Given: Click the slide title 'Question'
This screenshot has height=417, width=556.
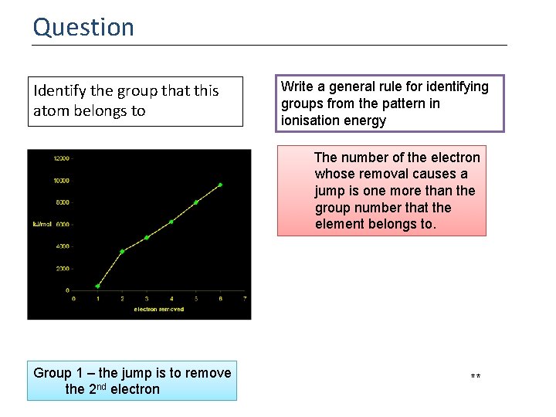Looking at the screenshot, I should (x=83, y=27).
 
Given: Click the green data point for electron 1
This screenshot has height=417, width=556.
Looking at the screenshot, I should (x=97, y=286).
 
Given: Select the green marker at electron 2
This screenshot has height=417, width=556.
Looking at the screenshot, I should (x=122, y=251).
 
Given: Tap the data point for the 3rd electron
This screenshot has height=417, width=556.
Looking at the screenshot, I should (x=147, y=237).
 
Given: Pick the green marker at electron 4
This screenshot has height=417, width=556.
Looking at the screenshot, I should (x=171, y=222).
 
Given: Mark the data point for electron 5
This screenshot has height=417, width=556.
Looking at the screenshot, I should (x=196, y=202).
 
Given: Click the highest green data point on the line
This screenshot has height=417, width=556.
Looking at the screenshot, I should (x=220, y=185).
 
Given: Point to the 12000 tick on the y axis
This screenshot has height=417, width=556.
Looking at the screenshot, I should (x=60, y=158).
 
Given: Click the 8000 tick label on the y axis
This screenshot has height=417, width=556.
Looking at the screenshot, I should (x=62, y=202).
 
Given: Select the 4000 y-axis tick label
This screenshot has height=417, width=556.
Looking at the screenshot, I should (x=62, y=246).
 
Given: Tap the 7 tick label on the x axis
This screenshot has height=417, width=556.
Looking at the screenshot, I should (x=245, y=298).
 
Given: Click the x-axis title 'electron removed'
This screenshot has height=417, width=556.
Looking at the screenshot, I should (x=158, y=309).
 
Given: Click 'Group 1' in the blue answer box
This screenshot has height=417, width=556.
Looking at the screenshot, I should (x=59, y=373).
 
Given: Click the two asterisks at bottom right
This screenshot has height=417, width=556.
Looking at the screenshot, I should (x=476, y=377).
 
